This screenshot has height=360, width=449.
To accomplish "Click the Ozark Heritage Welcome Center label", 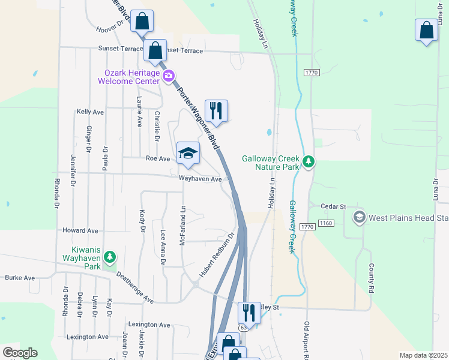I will [x=131, y=77].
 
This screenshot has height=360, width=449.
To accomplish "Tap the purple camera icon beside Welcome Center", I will [x=169, y=76].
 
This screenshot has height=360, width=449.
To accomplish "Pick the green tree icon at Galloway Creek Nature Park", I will [x=309, y=161].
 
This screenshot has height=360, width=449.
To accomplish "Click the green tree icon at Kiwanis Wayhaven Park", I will [x=109, y=257].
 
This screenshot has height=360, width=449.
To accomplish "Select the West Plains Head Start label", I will [x=408, y=217].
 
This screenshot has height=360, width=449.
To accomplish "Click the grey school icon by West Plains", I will [x=359, y=217].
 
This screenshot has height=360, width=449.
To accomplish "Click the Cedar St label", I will [x=334, y=206].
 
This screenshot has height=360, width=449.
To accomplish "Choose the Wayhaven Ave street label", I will [x=200, y=179].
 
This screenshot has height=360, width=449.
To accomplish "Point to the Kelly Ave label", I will [x=90, y=112].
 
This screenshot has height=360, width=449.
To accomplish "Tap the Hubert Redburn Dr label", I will [x=215, y=256].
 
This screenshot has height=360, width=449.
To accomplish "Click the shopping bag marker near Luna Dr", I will [x=426, y=31].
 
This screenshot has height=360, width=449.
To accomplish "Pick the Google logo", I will [x=20, y=353].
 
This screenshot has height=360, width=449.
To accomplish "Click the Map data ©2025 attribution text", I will [x=424, y=355].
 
